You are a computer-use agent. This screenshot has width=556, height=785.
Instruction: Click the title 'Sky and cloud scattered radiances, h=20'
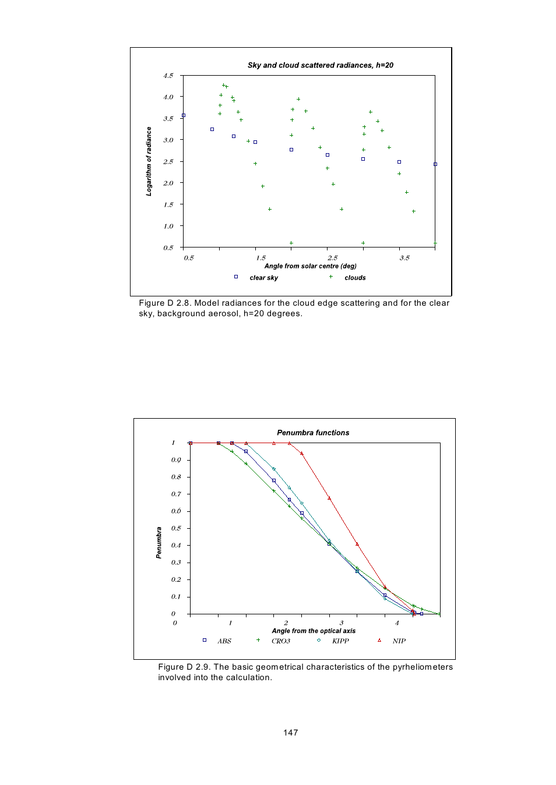point(320,65)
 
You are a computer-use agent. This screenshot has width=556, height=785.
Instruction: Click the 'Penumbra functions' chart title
point(313,433)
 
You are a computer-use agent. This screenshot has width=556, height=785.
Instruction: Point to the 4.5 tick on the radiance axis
point(168,76)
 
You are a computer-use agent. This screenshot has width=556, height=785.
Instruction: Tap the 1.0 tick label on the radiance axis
point(168,226)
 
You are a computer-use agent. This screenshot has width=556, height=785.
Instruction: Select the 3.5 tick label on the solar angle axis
point(404,257)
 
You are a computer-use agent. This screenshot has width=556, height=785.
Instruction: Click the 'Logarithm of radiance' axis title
point(149,161)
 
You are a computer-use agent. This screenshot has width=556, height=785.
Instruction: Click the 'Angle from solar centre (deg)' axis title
point(310,266)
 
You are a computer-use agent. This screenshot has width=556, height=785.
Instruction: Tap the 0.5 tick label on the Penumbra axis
point(176,528)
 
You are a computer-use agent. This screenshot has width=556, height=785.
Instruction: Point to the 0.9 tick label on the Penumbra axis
point(176,460)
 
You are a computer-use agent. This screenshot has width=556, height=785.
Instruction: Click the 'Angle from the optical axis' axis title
point(314,631)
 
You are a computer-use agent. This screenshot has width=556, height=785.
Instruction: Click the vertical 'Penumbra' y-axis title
point(159,543)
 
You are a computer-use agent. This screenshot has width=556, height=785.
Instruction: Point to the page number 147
point(291,733)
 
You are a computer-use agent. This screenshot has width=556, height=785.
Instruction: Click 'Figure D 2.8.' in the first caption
point(165,303)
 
